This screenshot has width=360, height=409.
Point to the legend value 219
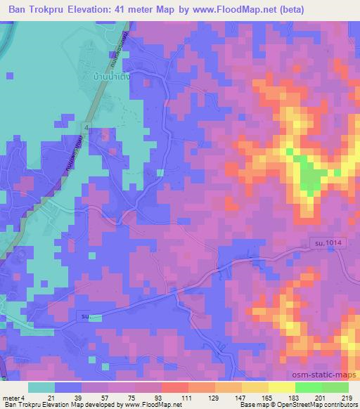click(x=347, y=398)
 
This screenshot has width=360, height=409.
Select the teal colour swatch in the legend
click(x=41, y=387)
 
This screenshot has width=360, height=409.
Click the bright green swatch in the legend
click(x=308, y=387)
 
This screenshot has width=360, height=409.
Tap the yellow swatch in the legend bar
click(x=281, y=387)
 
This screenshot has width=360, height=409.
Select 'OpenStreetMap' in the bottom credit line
click(x=288, y=405)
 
